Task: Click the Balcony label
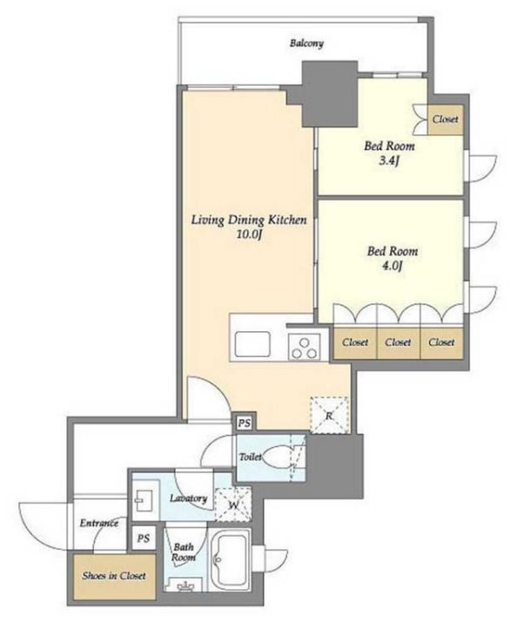pyautogui.click(x=306, y=43)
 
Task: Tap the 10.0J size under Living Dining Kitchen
pyautogui.click(x=249, y=234)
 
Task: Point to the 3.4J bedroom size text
pyautogui.click(x=388, y=161)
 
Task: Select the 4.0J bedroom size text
pyautogui.click(x=392, y=266)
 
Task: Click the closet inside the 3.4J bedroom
pyautogui.click(x=446, y=119)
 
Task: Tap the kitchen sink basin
pyautogui.click(x=253, y=344)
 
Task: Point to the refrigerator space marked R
pyautogui.click(x=329, y=416)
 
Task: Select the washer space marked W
pyautogui.click(x=233, y=504)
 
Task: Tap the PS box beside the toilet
pyautogui.click(x=245, y=423)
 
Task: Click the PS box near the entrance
pyautogui.click(x=144, y=538)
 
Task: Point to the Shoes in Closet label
pyautogui.click(x=114, y=576)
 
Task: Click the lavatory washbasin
pyautogui.click(x=142, y=500)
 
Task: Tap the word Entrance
pyautogui.click(x=99, y=523)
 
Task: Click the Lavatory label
pyautogui.click(x=189, y=498)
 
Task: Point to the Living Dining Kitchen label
pyautogui.click(x=249, y=220)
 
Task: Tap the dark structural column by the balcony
pyautogui.click(x=330, y=94)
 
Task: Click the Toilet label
pyautogui.click(x=250, y=457)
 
